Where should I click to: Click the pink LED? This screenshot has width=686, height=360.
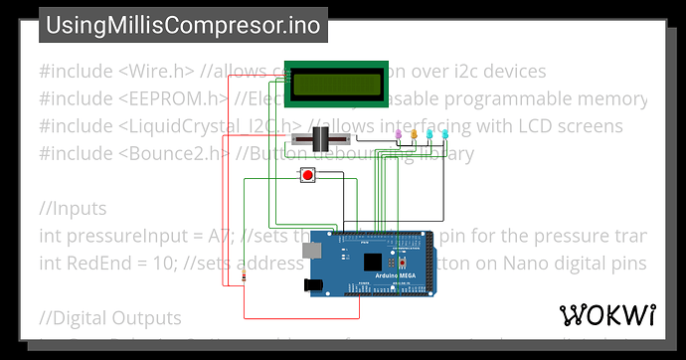[399, 133]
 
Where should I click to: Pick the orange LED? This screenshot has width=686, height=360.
[414, 133]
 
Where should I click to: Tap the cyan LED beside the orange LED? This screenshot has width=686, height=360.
[429, 133]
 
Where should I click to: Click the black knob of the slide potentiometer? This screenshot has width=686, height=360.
[321, 140]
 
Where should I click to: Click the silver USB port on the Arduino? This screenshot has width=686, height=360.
[312, 253]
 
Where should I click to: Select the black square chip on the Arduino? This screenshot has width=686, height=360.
[372, 262]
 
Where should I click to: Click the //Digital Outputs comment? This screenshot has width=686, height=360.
[110, 318]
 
